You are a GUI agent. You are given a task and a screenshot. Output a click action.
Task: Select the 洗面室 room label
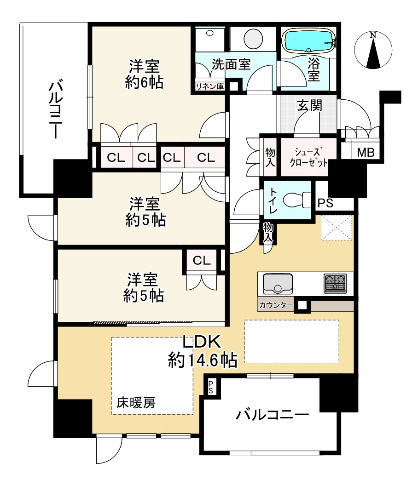[231, 64]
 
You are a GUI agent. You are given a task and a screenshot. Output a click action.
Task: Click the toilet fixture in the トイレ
[295, 200]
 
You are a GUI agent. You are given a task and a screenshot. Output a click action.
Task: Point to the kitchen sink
[278, 283]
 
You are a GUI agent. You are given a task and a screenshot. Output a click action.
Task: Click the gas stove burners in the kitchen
[335, 283]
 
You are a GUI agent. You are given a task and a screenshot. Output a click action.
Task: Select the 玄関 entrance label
[309, 105]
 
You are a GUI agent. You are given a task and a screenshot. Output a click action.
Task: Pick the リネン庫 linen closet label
[209, 86]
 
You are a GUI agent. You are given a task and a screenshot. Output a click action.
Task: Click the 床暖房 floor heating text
[136, 403]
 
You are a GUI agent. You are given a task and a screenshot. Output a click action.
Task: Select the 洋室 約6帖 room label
[144, 74]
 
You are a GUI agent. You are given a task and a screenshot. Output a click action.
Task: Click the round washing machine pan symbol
[252, 39]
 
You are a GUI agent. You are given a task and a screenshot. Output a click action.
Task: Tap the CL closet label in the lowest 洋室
[202, 260]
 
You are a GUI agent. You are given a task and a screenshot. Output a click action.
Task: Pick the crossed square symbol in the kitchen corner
[336, 227]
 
